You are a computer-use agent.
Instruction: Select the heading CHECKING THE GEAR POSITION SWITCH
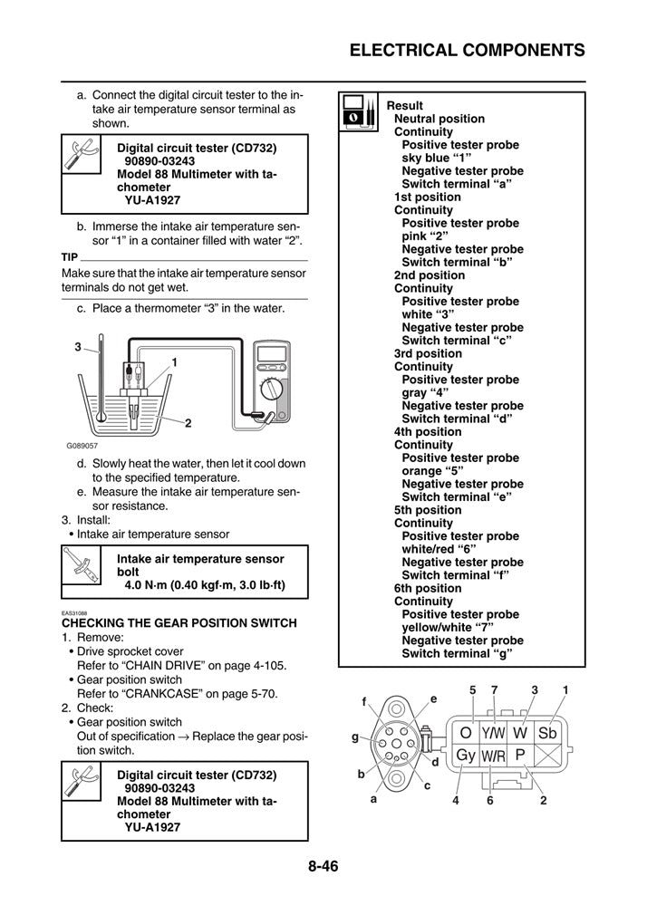pyautogui.click(x=179, y=622)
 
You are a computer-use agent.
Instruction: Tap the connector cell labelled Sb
pyautogui.click(x=547, y=731)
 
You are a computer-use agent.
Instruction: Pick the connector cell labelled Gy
pyautogui.click(x=466, y=755)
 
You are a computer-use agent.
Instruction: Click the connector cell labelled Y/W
pyautogui.click(x=494, y=731)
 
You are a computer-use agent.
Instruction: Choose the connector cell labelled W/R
pyautogui.click(x=493, y=755)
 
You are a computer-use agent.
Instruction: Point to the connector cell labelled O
pyautogui.click(x=466, y=731)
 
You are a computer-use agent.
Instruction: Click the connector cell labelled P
pyautogui.click(x=520, y=755)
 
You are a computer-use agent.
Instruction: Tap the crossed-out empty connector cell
pyautogui.click(x=547, y=755)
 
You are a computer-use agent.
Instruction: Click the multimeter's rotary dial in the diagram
pyautogui.click(x=270, y=390)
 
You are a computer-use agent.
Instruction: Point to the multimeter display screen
pyautogui.click(x=270, y=356)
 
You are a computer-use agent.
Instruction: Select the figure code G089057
pyautogui.click(x=82, y=446)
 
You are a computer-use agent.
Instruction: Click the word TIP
pyautogui.click(x=69, y=256)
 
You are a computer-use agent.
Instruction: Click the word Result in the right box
pyautogui.click(x=404, y=106)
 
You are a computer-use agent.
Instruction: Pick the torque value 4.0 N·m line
pyautogui.click(x=205, y=585)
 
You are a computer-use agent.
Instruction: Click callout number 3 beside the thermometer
pyautogui.click(x=78, y=346)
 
